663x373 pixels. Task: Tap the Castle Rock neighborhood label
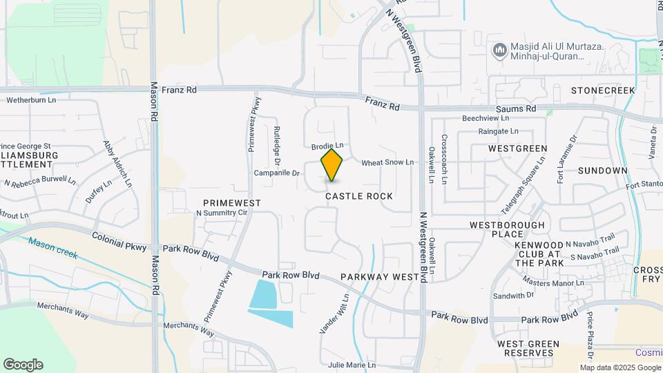point(359,196)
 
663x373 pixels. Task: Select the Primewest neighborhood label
point(232,202)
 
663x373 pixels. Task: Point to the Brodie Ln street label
point(327,146)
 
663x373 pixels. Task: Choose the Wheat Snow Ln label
point(387,162)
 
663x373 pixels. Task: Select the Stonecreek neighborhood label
point(602,90)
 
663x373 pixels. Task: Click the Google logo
point(23,365)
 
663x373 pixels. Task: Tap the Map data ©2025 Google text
point(620,367)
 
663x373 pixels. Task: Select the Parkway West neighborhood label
point(381,277)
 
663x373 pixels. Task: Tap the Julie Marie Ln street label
point(352,365)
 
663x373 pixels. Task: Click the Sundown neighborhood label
point(603,171)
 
